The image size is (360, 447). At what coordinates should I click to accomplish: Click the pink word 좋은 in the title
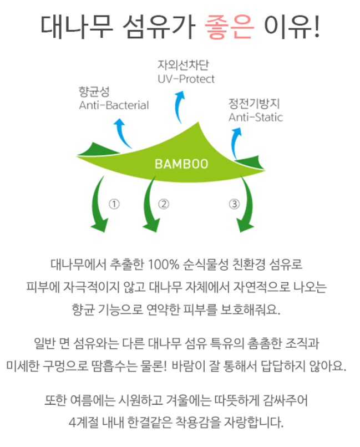click(x=229, y=27)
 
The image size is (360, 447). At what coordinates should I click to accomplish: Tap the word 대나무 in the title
click(x=77, y=27)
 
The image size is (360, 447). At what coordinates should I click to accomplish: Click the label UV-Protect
click(x=186, y=79)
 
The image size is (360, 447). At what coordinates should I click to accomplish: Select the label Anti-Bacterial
click(x=114, y=105)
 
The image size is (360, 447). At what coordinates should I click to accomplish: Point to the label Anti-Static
click(x=256, y=117)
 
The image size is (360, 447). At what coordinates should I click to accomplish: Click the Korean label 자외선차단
click(x=183, y=65)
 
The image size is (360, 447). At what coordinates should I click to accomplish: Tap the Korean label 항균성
click(x=94, y=92)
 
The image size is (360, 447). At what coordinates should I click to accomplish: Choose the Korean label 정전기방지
click(x=254, y=104)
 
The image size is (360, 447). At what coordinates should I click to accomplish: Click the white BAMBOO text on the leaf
click(x=181, y=164)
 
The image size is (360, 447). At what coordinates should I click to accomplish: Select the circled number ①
click(x=114, y=204)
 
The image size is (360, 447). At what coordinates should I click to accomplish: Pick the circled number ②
click(x=164, y=204)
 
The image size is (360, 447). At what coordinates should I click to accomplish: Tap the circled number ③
click(x=234, y=204)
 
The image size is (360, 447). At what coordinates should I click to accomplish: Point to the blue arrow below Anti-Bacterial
click(x=121, y=133)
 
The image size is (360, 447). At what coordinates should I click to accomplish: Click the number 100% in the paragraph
click(x=164, y=265)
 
